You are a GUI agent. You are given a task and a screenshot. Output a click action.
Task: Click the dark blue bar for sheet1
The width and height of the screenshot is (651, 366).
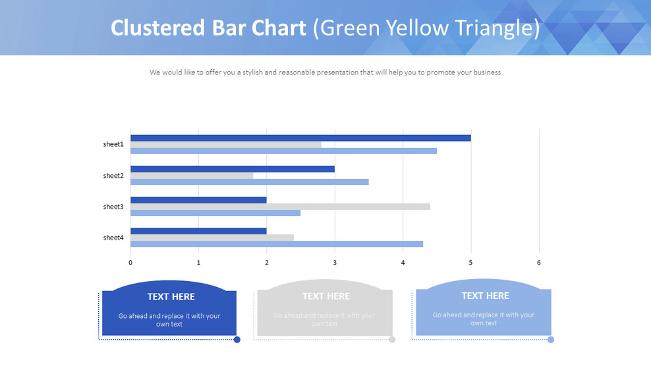300,138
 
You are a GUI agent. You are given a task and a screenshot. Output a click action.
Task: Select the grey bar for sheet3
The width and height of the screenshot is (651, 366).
280,207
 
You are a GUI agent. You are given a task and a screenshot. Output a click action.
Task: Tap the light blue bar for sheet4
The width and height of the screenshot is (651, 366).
277,244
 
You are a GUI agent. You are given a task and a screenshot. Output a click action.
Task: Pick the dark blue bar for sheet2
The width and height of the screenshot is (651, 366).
233,169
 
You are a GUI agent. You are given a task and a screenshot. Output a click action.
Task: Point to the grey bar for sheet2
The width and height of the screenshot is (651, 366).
192,176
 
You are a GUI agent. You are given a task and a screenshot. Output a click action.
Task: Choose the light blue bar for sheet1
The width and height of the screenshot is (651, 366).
283,151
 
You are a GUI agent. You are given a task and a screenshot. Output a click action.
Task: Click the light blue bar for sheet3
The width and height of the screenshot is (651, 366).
215,213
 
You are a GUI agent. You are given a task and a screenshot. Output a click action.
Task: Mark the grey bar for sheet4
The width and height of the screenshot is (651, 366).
212,238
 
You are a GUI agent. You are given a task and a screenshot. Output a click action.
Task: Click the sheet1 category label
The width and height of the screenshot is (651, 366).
113,144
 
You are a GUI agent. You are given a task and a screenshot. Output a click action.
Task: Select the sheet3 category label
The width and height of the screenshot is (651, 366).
113,207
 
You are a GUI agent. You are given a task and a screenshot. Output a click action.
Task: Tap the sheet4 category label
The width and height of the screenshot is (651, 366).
113,238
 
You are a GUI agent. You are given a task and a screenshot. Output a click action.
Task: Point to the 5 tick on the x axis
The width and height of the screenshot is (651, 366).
471,263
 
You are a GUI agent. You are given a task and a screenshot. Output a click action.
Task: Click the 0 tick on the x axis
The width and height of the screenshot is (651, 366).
130,263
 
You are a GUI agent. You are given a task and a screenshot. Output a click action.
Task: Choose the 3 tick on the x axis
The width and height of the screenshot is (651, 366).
335,263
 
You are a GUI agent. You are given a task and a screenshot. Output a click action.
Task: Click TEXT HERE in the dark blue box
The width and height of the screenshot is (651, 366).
171,297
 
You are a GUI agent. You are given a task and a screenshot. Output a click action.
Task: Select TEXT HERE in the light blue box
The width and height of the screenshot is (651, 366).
485,296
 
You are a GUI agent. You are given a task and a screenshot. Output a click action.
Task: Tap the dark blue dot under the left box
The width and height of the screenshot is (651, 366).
237,340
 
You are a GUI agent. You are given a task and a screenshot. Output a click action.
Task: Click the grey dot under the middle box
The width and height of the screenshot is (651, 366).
392,340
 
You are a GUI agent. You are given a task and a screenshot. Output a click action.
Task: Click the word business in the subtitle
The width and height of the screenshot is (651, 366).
486,72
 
